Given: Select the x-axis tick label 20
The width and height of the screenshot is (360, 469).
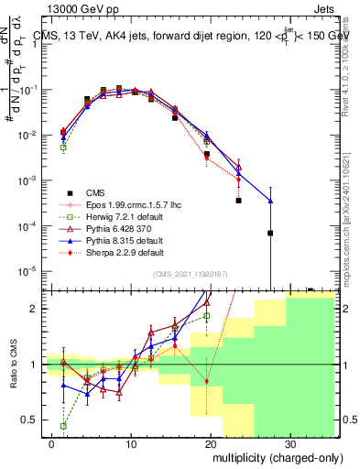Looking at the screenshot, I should click(211, 442).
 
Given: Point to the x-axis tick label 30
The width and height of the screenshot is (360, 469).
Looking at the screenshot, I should click(289, 442).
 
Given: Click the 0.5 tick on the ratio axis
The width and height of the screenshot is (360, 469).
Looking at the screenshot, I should click(30, 420).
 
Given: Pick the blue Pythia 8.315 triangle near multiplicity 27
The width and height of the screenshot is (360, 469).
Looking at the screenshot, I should click(270, 201).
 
